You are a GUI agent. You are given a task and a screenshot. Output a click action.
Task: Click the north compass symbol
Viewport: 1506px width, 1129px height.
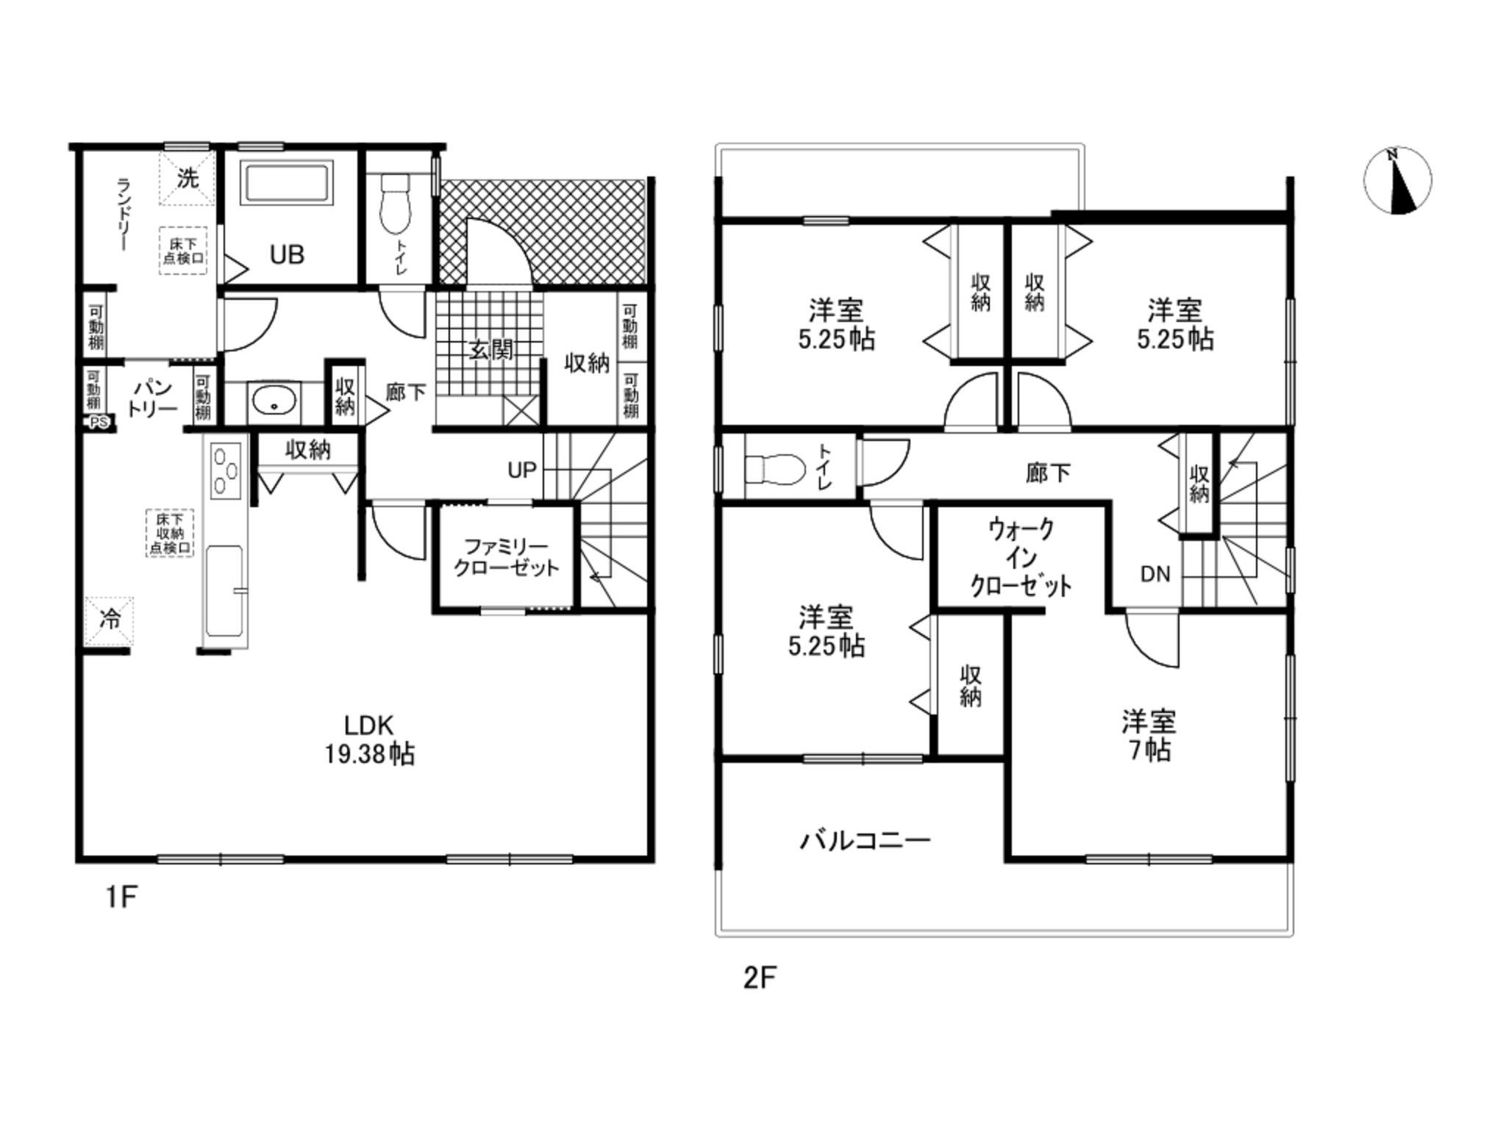pyautogui.click(x=1397, y=181)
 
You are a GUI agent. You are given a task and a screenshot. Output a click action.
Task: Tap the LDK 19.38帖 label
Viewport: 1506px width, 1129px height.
pyautogui.click(x=370, y=739)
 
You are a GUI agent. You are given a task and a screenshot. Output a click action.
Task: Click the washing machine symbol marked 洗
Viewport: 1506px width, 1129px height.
pyautogui.click(x=188, y=178)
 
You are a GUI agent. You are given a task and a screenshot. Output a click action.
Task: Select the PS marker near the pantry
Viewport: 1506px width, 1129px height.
pyautogui.click(x=99, y=423)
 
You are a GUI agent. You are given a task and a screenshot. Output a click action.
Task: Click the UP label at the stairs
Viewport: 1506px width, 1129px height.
pyautogui.click(x=522, y=470)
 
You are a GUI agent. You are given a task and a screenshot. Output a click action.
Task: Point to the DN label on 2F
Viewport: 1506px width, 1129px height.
pyautogui.click(x=1155, y=574)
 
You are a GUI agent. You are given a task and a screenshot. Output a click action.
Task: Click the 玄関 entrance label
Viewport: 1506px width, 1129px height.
pyautogui.click(x=491, y=350)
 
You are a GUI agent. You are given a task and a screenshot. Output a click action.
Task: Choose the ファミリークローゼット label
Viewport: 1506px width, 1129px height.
pyautogui.click(x=506, y=557)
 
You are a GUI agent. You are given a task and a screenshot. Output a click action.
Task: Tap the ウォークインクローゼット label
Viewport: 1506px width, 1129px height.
pyautogui.click(x=1021, y=557)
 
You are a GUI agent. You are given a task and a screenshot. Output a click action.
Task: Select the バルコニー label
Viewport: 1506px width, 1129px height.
pyautogui.click(x=866, y=839)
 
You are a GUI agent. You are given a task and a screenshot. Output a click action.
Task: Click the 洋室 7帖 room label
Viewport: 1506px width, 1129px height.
pyautogui.click(x=1149, y=735)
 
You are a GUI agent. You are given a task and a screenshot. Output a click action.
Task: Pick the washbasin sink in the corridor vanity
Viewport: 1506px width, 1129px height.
pyautogui.click(x=274, y=402)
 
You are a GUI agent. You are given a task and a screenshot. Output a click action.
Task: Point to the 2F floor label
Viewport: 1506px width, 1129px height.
pyautogui.click(x=760, y=978)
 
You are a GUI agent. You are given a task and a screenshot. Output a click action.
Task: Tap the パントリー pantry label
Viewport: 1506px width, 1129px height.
pyautogui.click(x=153, y=398)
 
